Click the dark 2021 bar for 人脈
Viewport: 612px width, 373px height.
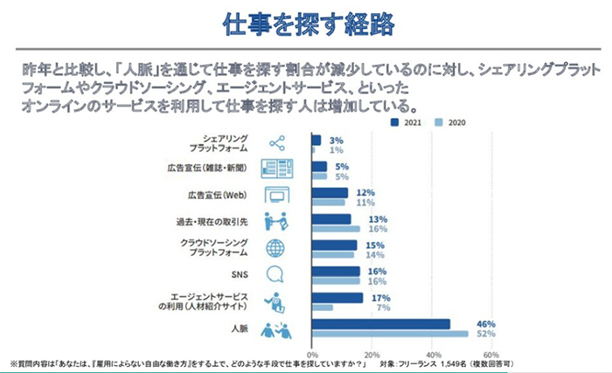pos(380,324)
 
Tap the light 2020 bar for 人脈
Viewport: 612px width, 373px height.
pos(390,334)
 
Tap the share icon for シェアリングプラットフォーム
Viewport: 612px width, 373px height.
pos(276,142)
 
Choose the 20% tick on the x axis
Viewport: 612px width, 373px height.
pos(372,355)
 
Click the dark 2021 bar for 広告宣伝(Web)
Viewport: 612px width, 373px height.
pos(330,192)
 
